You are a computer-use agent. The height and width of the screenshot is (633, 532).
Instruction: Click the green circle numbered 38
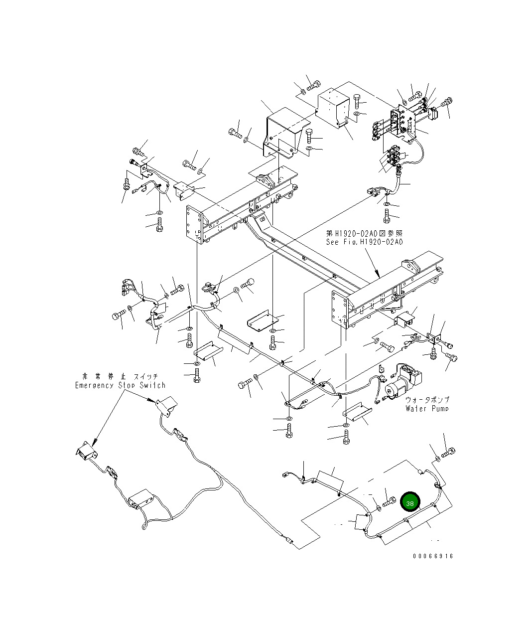click(x=410, y=503)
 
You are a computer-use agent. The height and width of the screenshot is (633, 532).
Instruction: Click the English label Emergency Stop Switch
click(x=120, y=385)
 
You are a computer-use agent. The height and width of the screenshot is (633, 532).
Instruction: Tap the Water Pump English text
click(x=427, y=409)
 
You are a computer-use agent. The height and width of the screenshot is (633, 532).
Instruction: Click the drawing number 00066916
click(x=433, y=556)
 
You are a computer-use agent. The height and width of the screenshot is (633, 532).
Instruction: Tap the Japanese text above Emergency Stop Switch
click(x=120, y=376)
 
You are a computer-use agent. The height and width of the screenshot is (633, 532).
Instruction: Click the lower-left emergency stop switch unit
click(x=85, y=452)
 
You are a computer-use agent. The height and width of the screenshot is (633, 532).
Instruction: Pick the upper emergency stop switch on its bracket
click(x=166, y=404)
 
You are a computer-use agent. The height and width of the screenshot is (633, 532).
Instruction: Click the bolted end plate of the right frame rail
click(x=340, y=310)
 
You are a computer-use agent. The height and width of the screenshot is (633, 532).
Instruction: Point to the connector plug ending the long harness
click(x=288, y=539)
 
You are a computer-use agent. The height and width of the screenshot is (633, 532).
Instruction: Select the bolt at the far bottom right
click(x=448, y=453)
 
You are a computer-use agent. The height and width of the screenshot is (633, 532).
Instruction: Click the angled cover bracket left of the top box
click(x=282, y=128)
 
